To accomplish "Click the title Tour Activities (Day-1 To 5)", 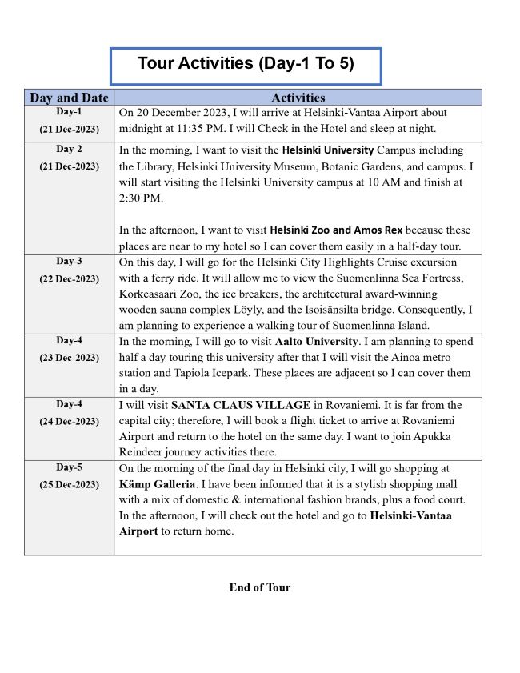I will (245, 63).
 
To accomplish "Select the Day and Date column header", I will (69, 98).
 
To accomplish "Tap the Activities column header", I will (298, 98).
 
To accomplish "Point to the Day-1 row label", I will (69, 112).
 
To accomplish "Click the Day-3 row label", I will (69, 262).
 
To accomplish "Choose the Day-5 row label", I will (69, 467).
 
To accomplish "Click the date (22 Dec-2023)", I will (69, 279).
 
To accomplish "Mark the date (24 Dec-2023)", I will (69, 422).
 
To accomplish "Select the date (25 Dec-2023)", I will (69, 485).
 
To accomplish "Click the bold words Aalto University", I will (310, 341).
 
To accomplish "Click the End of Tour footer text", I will (260, 587).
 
